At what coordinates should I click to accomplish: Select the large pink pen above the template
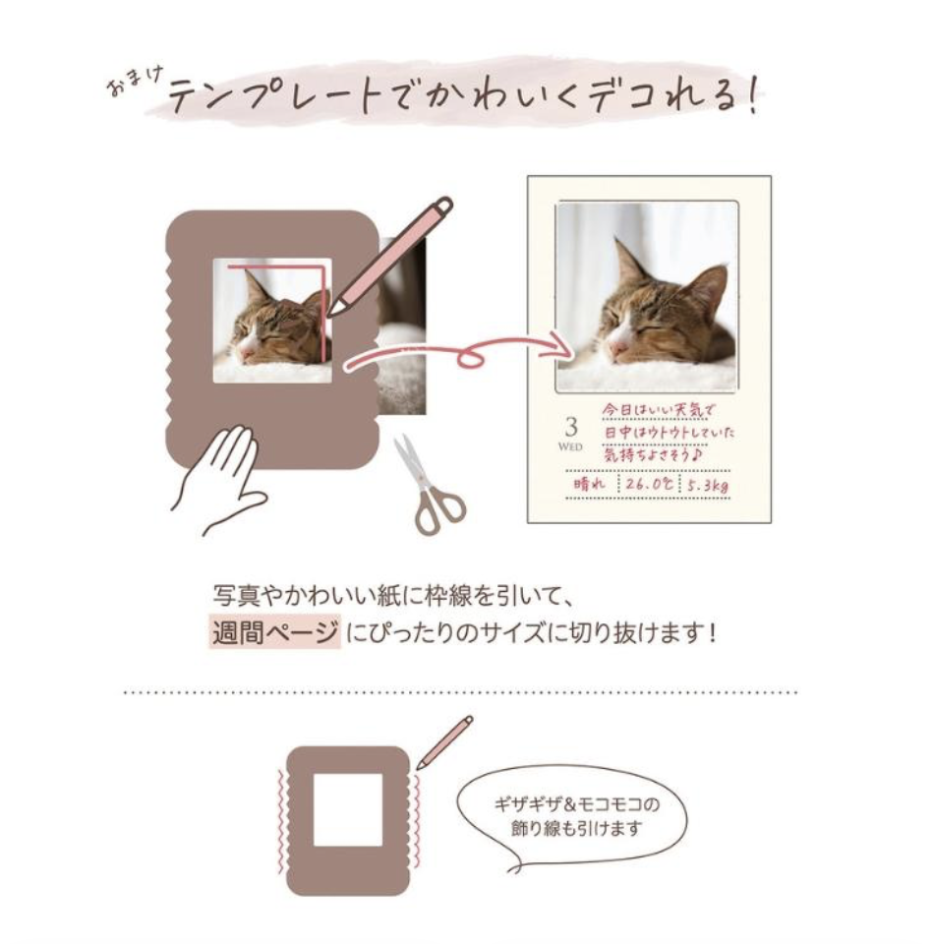click(x=389, y=257)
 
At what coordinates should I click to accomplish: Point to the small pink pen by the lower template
click(x=444, y=741)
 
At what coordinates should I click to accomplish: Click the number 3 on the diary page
click(x=571, y=427)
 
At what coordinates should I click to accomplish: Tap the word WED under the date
click(x=570, y=446)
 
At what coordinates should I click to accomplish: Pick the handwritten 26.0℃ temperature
click(x=649, y=484)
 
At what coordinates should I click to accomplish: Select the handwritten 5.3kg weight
click(x=708, y=485)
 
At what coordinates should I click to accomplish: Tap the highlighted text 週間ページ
click(x=275, y=632)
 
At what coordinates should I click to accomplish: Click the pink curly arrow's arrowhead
click(x=560, y=344)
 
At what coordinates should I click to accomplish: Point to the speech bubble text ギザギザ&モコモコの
click(x=576, y=804)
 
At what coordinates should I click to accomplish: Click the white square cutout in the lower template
click(x=348, y=810)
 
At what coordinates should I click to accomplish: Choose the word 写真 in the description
click(x=237, y=596)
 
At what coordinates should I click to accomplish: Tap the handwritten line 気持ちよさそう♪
click(x=653, y=454)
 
